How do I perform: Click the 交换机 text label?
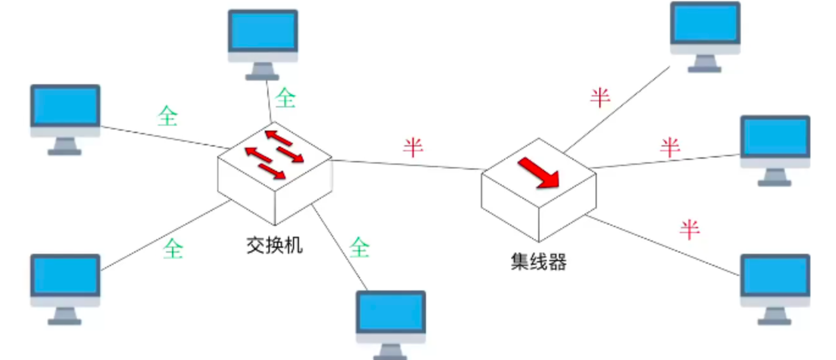[275, 246]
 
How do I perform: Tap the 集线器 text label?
[539, 262]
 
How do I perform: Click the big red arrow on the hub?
[539, 173]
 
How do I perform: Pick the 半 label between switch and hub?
[413, 147]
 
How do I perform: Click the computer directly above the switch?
[263, 43]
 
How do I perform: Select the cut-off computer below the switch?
[391, 323]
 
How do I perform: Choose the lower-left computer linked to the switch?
[65, 287]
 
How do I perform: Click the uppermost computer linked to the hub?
[705, 35]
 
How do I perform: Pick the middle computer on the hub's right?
[775, 149]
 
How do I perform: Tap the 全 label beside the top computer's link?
[285, 98]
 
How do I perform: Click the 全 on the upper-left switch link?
[167, 116]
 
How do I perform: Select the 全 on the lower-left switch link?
[173, 248]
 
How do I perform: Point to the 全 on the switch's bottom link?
[360, 247]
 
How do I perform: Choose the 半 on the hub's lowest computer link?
[690, 229]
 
